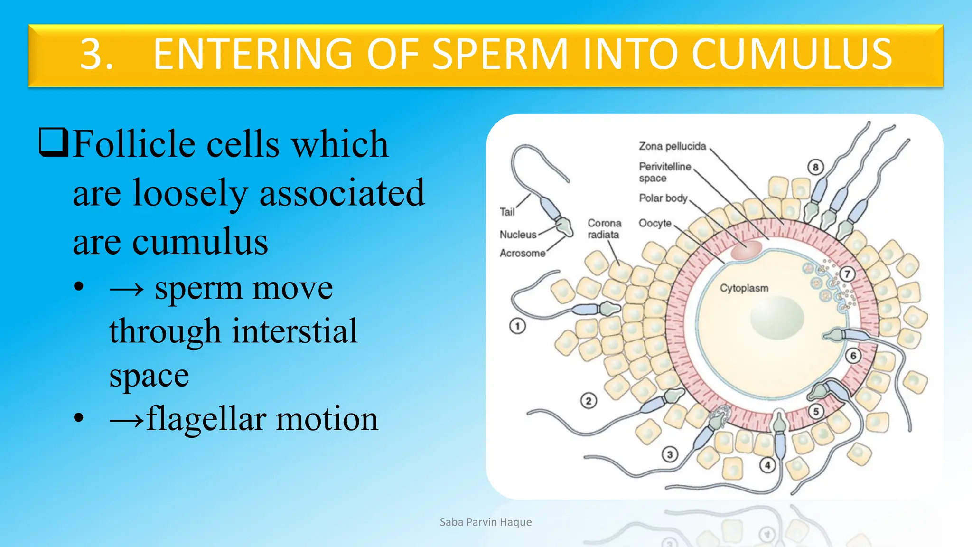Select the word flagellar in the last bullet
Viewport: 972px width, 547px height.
pos(206,419)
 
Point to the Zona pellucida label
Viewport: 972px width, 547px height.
pos(672,146)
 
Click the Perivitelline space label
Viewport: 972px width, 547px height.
pos(664,172)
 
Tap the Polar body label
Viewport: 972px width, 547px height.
pos(663,198)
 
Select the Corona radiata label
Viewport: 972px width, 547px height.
pos(604,228)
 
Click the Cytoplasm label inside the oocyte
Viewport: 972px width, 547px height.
pos(744,288)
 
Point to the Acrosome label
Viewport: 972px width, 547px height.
pos(522,253)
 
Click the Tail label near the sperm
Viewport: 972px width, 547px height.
pos(507,212)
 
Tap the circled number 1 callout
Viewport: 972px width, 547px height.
pos(517,326)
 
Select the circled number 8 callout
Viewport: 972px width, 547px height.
pos(815,167)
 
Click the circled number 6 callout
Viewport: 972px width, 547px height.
pos(853,356)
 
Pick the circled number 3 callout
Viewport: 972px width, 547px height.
pos(669,454)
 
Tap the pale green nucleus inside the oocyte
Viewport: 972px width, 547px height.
pos(777,318)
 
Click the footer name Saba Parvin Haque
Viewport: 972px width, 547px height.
pos(486,522)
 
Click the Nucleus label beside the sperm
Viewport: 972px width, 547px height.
pos(518,235)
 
